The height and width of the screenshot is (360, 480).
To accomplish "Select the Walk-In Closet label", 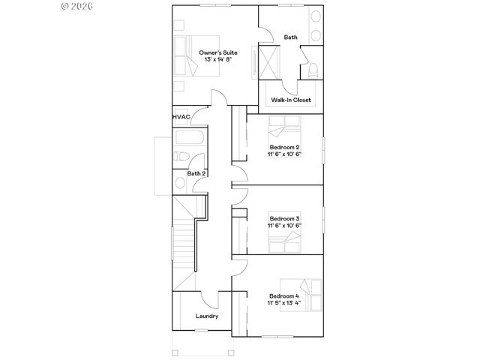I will [x=290, y=100].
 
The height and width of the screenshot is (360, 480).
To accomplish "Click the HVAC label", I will [x=180, y=117].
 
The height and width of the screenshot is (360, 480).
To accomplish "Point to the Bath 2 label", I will [x=196, y=173].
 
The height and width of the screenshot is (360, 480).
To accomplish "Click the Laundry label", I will [x=207, y=316].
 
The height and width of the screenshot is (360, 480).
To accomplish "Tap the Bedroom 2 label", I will [x=284, y=147].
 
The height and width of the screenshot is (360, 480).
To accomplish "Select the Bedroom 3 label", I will [x=284, y=217].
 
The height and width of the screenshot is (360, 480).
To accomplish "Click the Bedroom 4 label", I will [x=284, y=296].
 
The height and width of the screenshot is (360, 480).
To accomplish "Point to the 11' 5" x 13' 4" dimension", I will [x=284, y=304].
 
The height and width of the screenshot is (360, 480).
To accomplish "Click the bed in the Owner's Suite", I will [x=187, y=55].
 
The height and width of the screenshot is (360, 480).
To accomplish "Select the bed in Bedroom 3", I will [x=285, y=241].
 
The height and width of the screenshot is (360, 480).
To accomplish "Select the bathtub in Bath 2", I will [x=187, y=139].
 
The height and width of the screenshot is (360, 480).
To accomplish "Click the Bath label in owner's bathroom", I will [x=290, y=37].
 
